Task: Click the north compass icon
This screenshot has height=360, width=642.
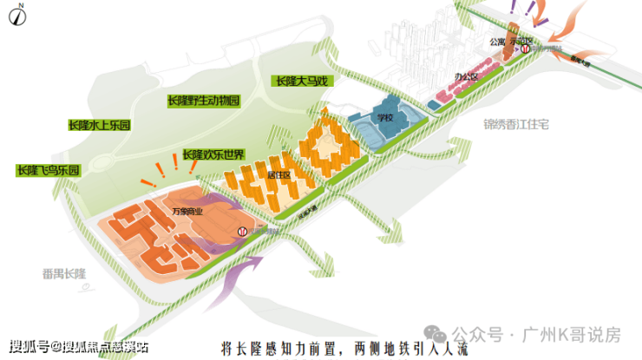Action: (x=18, y=16)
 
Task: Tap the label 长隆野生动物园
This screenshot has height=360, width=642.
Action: (x=203, y=101)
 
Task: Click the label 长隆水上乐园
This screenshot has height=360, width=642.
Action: (x=100, y=125)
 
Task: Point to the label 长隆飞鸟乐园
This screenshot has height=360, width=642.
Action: (x=48, y=170)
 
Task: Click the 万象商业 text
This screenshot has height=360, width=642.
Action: (x=187, y=211)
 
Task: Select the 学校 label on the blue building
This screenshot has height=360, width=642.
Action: (x=385, y=117)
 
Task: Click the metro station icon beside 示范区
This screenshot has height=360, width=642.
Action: (x=525, y=50)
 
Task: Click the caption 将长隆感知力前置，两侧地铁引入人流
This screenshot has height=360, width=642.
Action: (x=344, y=349)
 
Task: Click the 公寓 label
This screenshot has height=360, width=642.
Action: (x=497, y=41)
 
